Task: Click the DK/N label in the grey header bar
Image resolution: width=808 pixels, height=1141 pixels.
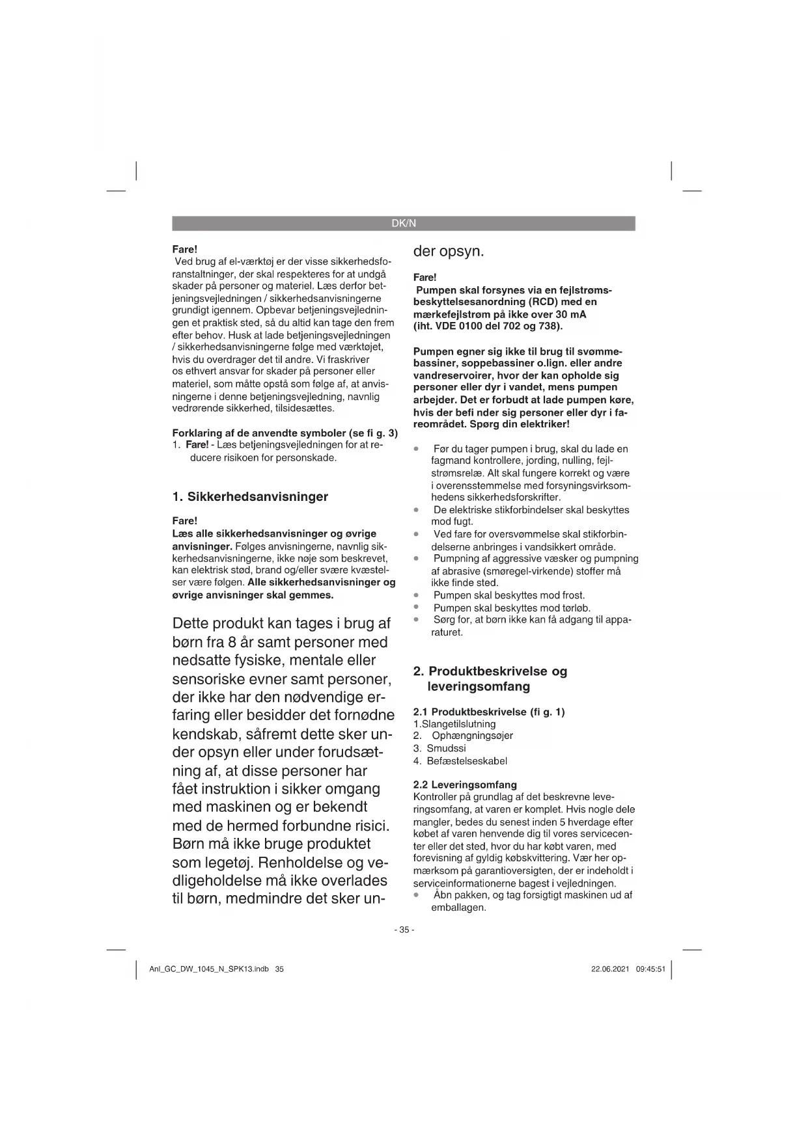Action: click(x=404, y=224)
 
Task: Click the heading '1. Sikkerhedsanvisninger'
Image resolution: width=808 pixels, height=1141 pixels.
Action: click(x=250, y=497)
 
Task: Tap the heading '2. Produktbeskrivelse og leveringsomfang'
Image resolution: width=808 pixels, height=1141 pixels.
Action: click(x=490, y=678)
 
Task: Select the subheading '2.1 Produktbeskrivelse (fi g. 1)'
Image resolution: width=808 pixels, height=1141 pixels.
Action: click(x=489, y=712)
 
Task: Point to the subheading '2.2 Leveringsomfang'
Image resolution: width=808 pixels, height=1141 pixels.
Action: click(x=465, y=785)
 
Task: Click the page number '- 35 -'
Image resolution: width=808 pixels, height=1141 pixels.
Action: click(x=404, y=930)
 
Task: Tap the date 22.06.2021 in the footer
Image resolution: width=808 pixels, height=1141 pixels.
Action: click(x=610, y=969)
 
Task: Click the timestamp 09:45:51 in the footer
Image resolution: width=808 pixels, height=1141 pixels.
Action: click(x=650, y=969)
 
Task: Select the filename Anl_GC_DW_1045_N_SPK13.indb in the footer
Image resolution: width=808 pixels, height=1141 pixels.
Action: click(x=209, y=969)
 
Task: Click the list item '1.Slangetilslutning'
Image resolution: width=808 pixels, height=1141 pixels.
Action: click(x=454, y=724)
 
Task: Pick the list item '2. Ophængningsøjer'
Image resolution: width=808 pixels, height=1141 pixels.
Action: click(x=463, y=736)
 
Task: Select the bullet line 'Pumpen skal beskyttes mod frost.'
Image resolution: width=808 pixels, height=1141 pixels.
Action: click(x=508, y=595)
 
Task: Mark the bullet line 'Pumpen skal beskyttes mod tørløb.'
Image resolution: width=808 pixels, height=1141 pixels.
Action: click(x=511, y=608)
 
